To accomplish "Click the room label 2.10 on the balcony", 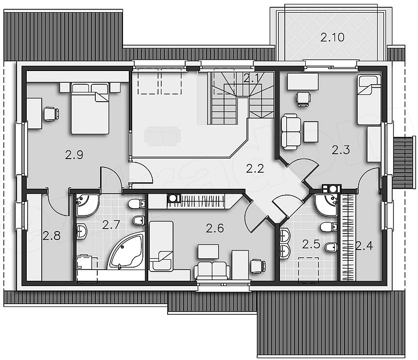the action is tap(332, 37).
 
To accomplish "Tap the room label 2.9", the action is tap(74, 155).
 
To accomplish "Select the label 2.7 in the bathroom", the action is tap(111, 225).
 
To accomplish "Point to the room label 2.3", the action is tap(340, 150).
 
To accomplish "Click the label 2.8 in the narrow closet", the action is tap(52, 236).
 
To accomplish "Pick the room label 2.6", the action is tap(215, 228).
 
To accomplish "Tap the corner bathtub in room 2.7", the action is tap(126, 251).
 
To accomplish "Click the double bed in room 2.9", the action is tap(90, 108).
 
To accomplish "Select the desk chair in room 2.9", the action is tap(51, 114).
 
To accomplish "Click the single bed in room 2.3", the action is tap(369, 100).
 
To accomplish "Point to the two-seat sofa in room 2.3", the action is tap(291, 132).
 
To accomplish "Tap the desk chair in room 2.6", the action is tap(258, 266).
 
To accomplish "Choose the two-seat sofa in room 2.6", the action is tap(212, 270).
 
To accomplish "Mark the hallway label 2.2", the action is tap(255, 169).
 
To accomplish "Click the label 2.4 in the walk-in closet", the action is tap(364, 246).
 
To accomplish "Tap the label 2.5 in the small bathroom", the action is tap(311, 244).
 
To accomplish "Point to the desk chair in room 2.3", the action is tap(303, 99).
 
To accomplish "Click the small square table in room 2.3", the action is tap(311, 132).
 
